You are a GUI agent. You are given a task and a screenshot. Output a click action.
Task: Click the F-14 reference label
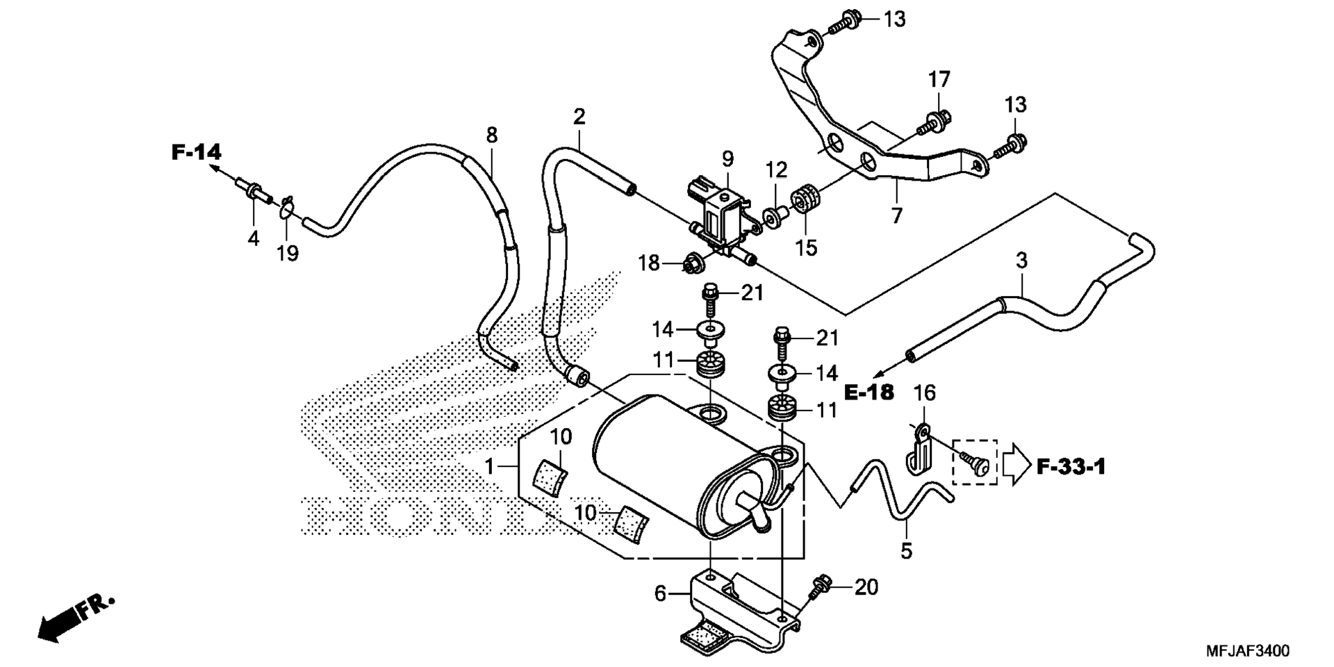tap(197, 151)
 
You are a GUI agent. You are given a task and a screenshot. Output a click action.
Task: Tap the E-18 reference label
tap(869, 393)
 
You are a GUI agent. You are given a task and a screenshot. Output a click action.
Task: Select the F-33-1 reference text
tap(1071, 467)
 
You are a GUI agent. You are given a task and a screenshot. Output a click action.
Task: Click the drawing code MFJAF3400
tap(1247, 651)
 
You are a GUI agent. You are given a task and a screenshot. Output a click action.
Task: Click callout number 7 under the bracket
tap(897, 216)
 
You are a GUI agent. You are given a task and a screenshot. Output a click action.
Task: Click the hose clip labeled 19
tap(288, 207)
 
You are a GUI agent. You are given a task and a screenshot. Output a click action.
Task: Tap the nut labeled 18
tap(693, 264)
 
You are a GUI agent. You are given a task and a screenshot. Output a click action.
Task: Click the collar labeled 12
tap(774, 215)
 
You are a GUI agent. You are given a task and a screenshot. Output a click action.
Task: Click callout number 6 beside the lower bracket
tap(660, 593)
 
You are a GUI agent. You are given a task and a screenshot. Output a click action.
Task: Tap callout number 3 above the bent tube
tap(1021, 261)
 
